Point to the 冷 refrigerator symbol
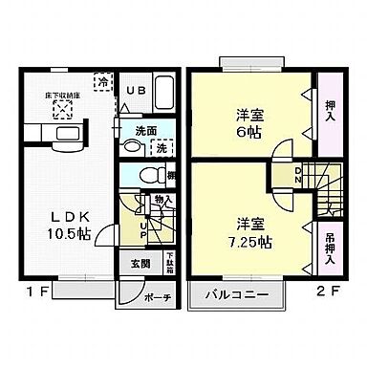(101, 82)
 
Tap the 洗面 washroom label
(145, 131)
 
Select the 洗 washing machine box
(162, 148)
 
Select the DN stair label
(297, 175)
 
